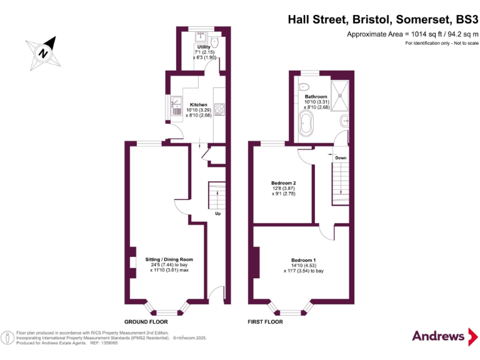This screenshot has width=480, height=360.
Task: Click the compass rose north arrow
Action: (x=44, y=52)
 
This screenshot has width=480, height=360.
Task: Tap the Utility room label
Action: (x=204, y=47)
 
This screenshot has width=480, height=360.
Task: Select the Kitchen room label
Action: (x=199, y=104)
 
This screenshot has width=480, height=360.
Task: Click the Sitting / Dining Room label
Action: (x=169, y=259)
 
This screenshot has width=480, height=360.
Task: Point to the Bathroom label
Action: (x=316, y=97)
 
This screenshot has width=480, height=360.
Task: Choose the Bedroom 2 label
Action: (x=283, y=182)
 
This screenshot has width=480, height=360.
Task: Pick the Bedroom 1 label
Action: (x=304, y=260)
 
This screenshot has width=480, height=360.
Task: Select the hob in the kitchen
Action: (x=220, y=109)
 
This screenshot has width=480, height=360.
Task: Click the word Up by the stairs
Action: (x=218, y=214)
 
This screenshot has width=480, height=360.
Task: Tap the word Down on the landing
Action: (x=341, y=157)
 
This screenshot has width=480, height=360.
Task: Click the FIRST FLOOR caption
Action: (x=265, y=322)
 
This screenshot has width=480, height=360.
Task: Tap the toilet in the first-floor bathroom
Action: (x=304, y=87)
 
